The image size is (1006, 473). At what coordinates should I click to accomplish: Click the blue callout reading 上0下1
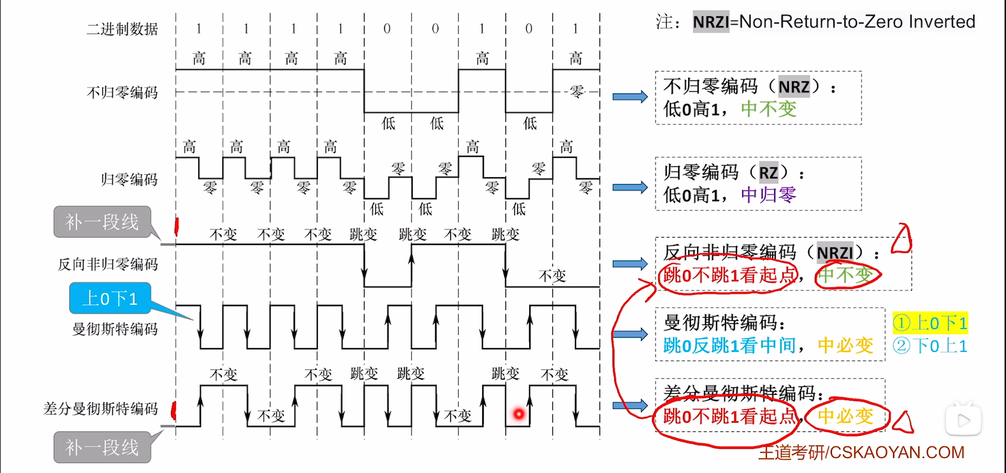point(110,298)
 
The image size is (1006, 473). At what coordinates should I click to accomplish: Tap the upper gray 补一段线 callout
point(102,222)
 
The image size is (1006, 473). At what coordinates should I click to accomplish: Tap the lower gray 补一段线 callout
point(102,447)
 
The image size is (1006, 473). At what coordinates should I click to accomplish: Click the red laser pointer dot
point(519,414)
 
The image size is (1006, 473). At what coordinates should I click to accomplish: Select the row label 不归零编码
point(122,93)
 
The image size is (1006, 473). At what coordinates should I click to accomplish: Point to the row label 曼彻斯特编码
point(115,329)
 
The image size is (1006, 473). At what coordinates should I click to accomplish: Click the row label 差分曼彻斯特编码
point(101,408)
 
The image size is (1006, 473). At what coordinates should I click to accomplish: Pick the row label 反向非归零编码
point(108,264)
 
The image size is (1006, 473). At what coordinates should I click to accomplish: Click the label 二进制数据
point(122,29)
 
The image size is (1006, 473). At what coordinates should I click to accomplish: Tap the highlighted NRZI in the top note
point(711,22)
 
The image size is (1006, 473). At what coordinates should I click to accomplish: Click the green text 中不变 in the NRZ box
point(768,109)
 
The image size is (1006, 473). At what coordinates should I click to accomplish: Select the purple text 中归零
point(768,195)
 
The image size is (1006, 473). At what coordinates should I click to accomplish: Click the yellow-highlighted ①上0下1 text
point(930,323)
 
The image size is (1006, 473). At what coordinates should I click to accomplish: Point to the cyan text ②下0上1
point(930,346)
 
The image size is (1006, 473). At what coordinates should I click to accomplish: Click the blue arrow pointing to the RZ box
point(630,187)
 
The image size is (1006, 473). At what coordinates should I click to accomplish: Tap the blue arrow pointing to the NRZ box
point(630,96)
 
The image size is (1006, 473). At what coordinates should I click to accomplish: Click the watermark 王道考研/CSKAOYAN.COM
point(861,452)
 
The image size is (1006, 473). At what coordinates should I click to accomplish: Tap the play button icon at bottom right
point(963,420)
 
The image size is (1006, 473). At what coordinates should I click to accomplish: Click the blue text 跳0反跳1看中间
point(730,346)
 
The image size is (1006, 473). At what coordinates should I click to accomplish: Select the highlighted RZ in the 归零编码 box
point(768,173)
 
